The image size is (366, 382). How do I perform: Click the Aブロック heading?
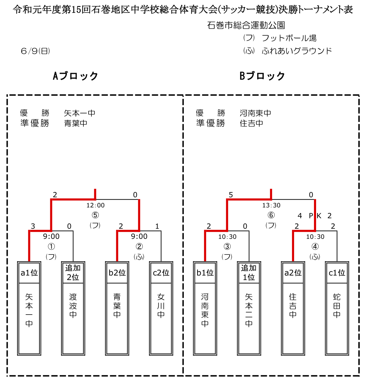75,76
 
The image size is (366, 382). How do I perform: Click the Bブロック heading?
262,76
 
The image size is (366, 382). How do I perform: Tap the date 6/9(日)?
36,51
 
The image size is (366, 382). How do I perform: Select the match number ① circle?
51,247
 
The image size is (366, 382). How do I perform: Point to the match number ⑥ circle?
271,215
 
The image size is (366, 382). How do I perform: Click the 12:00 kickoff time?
95,205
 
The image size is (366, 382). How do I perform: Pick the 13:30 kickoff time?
271,205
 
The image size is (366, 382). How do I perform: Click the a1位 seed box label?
29,273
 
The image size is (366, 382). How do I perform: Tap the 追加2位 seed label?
73,272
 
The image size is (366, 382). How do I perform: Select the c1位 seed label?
337,273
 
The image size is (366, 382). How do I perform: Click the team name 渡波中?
73,306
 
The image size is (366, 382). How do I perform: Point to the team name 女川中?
161,306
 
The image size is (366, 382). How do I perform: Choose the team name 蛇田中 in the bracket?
337,306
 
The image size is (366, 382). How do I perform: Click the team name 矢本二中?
249,310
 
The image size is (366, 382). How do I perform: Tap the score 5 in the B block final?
231,194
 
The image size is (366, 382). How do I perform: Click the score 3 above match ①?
33,226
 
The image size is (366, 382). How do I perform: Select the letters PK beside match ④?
315,215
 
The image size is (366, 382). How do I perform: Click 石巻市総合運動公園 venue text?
246,25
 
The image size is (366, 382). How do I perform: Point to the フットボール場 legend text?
289,38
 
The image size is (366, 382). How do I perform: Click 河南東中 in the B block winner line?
255,113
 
